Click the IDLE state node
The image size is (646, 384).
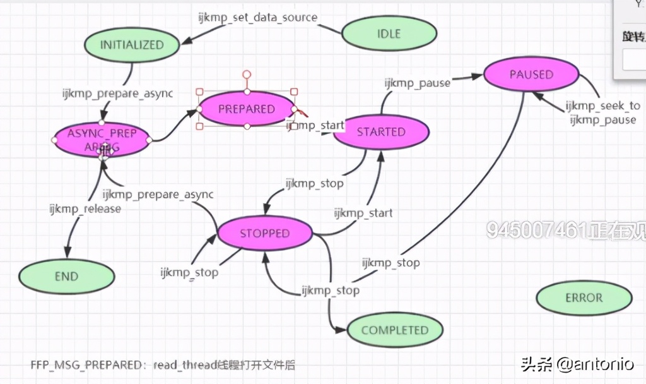[x=389, y=33]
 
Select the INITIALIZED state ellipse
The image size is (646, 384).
[x=132, y=45]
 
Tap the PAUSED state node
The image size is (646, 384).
[x=531, y=75]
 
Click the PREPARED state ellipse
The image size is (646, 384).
[x=247, y=109]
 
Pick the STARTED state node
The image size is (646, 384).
[x=381, y=132]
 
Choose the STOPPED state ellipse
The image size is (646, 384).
[x=264, y=234]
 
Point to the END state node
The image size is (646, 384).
[x=66, y=276]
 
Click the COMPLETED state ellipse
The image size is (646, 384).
[x=395, y=330]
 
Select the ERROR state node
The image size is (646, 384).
[x=584, y=297]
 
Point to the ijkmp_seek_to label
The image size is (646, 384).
[x=602, y=106]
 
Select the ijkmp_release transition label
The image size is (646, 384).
[x=85, y=208]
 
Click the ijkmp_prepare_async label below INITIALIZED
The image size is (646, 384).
[x=117, y=93]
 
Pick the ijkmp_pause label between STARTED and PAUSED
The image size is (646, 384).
[x=418, y=83]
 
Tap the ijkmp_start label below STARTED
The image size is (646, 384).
[x=363, y=213]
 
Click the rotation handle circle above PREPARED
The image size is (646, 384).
[x=247, y=75]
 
